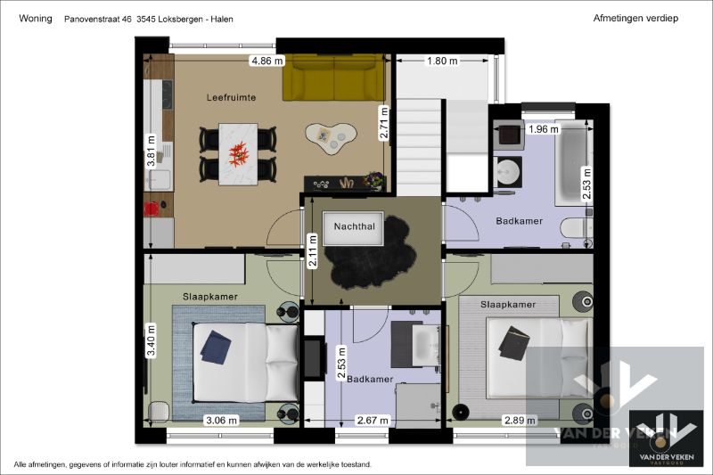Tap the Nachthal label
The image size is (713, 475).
[x=355, y=227]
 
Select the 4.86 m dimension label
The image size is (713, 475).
[x=267, y=61]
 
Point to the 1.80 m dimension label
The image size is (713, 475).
[x=442, y=61]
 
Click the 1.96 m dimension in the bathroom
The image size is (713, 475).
[x=544, y=129]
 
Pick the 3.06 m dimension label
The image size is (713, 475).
[x=221, y=420]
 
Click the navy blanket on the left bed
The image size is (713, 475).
[x=215, y=345]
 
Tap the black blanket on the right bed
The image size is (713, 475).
[x=514, y=343]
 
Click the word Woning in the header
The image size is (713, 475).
[x=35, y=18]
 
